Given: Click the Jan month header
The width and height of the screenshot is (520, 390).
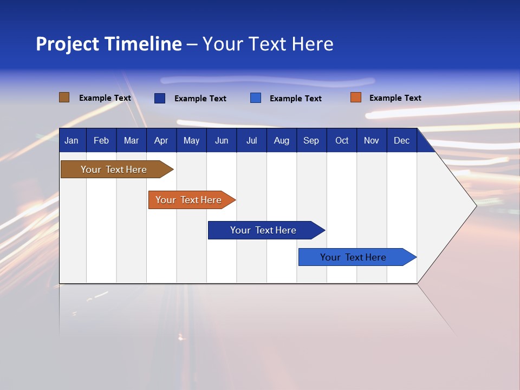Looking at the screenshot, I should tap(71, 140).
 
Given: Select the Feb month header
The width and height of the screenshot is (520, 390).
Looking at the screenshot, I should tap(101, 140).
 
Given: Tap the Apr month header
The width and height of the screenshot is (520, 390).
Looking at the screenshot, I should tap(161, 140).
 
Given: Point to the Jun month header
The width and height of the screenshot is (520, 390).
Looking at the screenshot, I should tap(222, 140).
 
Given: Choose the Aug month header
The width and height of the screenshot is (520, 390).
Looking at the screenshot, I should tap(281, 140).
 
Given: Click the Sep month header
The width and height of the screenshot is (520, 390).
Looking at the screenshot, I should tap(311, 140).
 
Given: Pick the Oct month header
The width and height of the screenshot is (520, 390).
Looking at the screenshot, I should tap(342, 140).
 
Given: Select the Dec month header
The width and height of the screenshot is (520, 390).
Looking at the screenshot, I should tap(401, 140).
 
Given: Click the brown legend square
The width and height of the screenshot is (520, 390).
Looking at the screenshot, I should tap(64, 97).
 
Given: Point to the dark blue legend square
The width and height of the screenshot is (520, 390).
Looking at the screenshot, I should tap(160, 98).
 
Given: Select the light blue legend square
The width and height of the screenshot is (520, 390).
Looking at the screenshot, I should tap(256, 98).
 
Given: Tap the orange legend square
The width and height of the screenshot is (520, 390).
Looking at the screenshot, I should tap(356, 97).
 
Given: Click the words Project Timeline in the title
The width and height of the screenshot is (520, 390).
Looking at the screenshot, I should tap(108, 44).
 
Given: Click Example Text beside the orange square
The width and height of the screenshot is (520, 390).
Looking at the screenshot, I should tap(395, 98).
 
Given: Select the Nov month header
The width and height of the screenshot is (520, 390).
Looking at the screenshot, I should tap(372, 140).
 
